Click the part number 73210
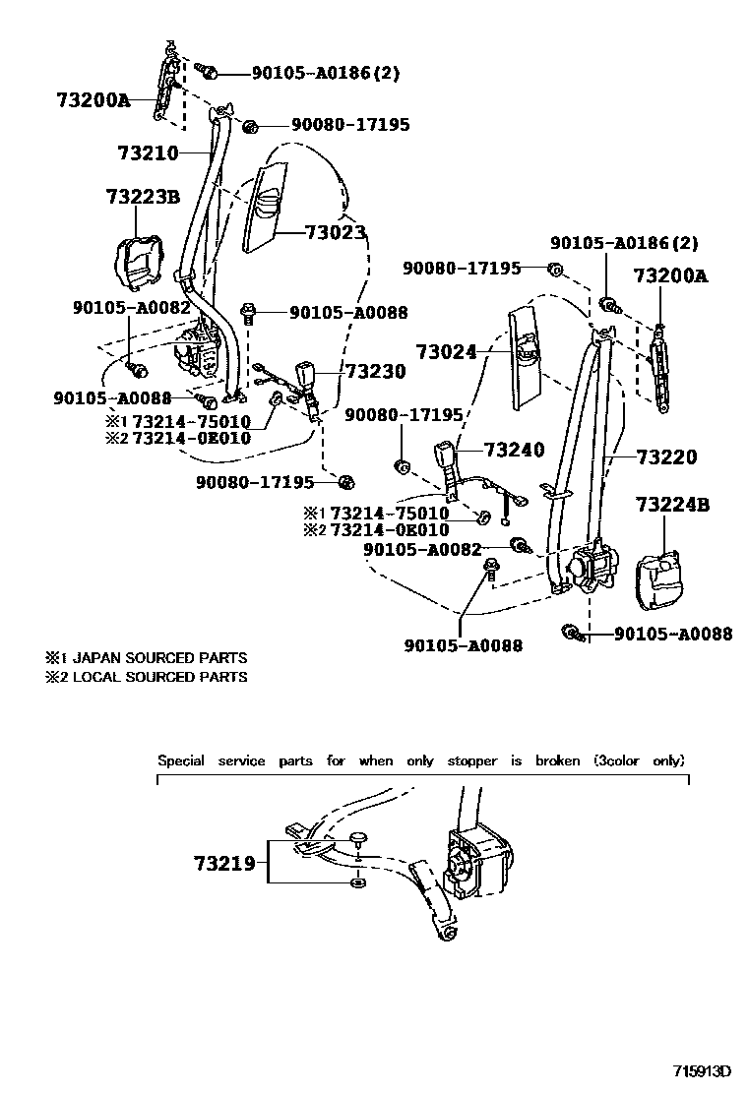pyautogui.click(x=148, y=153)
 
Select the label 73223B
pyautogui.click(x=142, y=198)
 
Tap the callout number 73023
pyautogui.click(x=336, y=233)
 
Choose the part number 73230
pyautogui.click(x=375, y=371)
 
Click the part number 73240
pyautogui.click(x=513, y=451)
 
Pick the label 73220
pyautogui.click(x=666, y=456)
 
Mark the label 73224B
pyautogui.click(x=672, y=506)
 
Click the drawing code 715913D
pyautogui.click(x=704, y=1070)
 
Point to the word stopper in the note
pyautogui.click(x=472, y=760)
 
